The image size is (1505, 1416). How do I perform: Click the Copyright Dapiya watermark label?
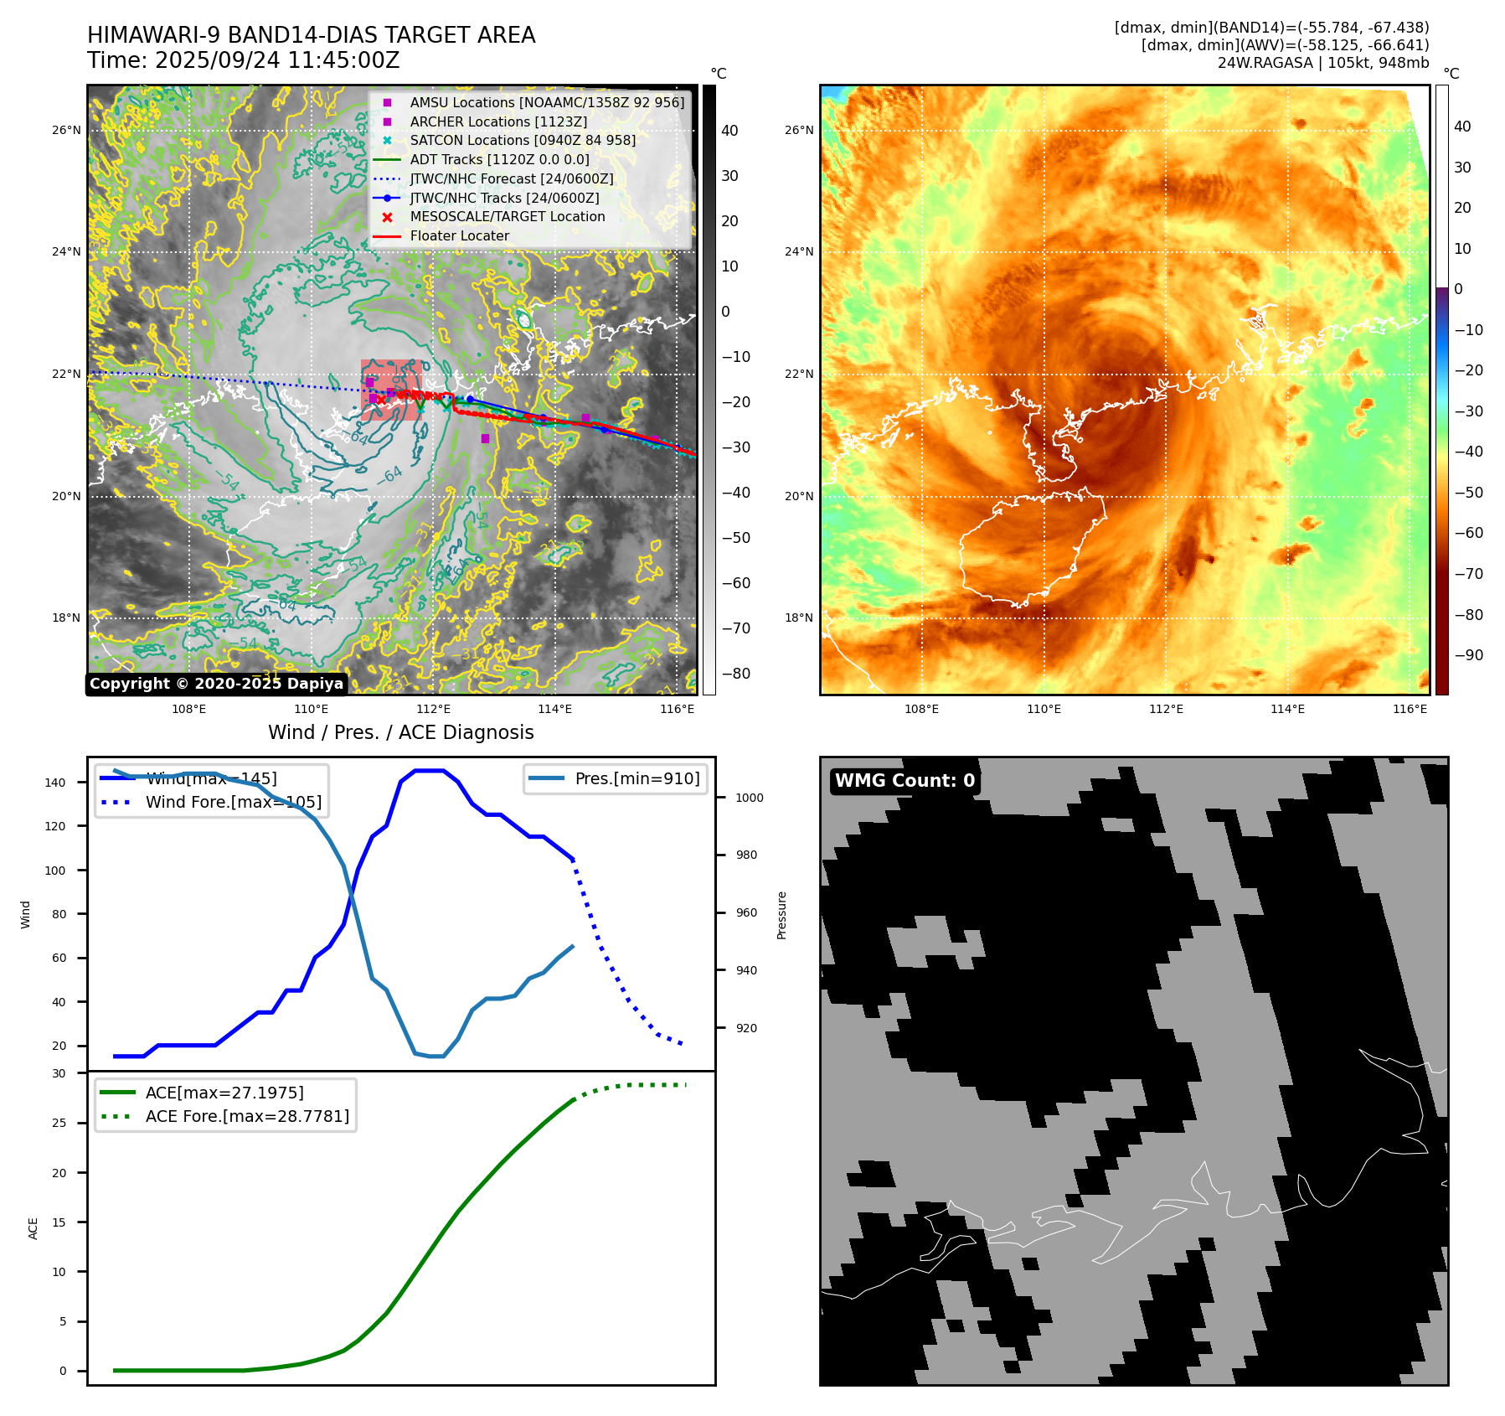point(216,684)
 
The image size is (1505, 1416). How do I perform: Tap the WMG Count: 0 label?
point(905,781)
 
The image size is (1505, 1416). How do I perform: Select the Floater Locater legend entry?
point(459,236)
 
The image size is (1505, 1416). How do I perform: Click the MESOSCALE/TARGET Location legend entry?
point(507,217)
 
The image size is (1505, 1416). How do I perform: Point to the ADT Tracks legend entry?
point(499,159)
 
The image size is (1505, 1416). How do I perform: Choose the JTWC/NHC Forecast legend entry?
point(511,178)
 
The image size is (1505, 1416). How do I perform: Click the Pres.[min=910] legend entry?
point(637,778)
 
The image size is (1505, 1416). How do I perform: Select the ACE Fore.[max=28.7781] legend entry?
point(247,1116)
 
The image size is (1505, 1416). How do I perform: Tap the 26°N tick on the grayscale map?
point(67,130)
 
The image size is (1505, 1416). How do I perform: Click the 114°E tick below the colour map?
point(1287,709)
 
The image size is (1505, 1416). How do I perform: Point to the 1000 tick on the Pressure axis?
point(749,798)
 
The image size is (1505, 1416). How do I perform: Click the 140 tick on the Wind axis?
point(55,783)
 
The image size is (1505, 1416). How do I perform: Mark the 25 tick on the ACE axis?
point(59,1123)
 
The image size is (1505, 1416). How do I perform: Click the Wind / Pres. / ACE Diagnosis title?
point(400,732)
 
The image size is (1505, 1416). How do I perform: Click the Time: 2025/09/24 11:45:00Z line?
point(243,61)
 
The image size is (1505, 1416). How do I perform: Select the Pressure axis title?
point(781,915)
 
